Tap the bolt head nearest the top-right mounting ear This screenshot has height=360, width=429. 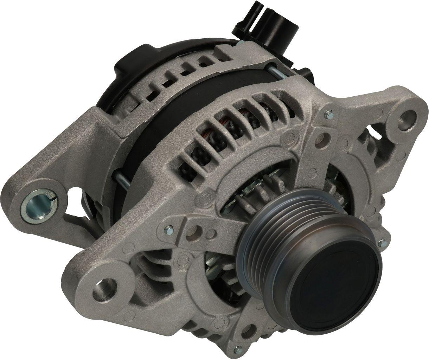pyautogui.click(x=329, y=113)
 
